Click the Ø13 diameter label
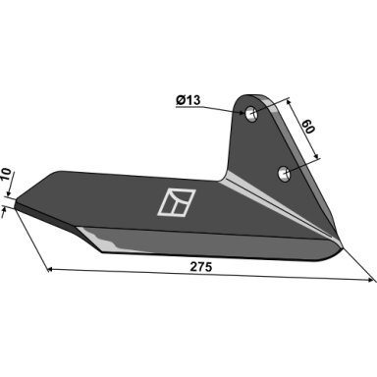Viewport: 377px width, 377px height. [188, 100]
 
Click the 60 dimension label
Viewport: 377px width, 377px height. [307, 127]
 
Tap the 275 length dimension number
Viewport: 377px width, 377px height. [201, 267]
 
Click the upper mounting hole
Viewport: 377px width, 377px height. [251, 114]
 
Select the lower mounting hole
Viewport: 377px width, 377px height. [285, 173]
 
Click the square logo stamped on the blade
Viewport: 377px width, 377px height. [177, 202]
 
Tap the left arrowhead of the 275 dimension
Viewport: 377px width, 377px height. [50, 270]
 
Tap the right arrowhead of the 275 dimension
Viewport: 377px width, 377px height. [370, 280]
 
